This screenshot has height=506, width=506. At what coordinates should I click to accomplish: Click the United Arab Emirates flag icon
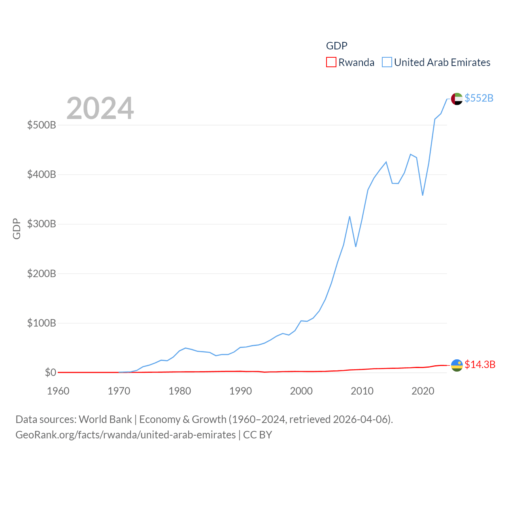[457, 99]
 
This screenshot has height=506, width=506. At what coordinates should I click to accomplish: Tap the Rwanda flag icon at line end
[457, 365]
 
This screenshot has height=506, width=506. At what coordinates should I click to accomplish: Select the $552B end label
[479, 98]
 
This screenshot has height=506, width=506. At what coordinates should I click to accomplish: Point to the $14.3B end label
[480, 364]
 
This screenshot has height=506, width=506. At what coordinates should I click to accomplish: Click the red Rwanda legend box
[331, 62]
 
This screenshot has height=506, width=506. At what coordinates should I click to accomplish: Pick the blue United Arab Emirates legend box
[387, 62]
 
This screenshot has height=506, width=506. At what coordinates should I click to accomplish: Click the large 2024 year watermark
[100, 108]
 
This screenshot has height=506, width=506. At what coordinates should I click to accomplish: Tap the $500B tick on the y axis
[42, 125]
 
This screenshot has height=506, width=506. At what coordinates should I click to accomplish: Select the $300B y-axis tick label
[42, 224]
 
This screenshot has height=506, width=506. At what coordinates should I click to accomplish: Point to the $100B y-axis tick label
[42, 323]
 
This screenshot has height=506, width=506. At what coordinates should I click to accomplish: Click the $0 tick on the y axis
[50, 372]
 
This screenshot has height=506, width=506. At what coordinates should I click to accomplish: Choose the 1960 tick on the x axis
[58, 391]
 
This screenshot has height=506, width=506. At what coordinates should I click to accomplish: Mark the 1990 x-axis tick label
[240, 391]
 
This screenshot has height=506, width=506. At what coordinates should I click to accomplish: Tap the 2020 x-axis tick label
[423, 391]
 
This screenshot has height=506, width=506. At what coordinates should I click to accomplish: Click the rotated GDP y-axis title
[17, 228]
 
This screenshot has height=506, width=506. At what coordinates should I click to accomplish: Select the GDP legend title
[336, 46]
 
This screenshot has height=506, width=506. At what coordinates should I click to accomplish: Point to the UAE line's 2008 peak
[349, 217]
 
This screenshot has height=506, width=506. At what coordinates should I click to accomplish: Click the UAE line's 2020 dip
[423, 195]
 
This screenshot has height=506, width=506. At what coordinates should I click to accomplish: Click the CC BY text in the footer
[257, 435]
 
